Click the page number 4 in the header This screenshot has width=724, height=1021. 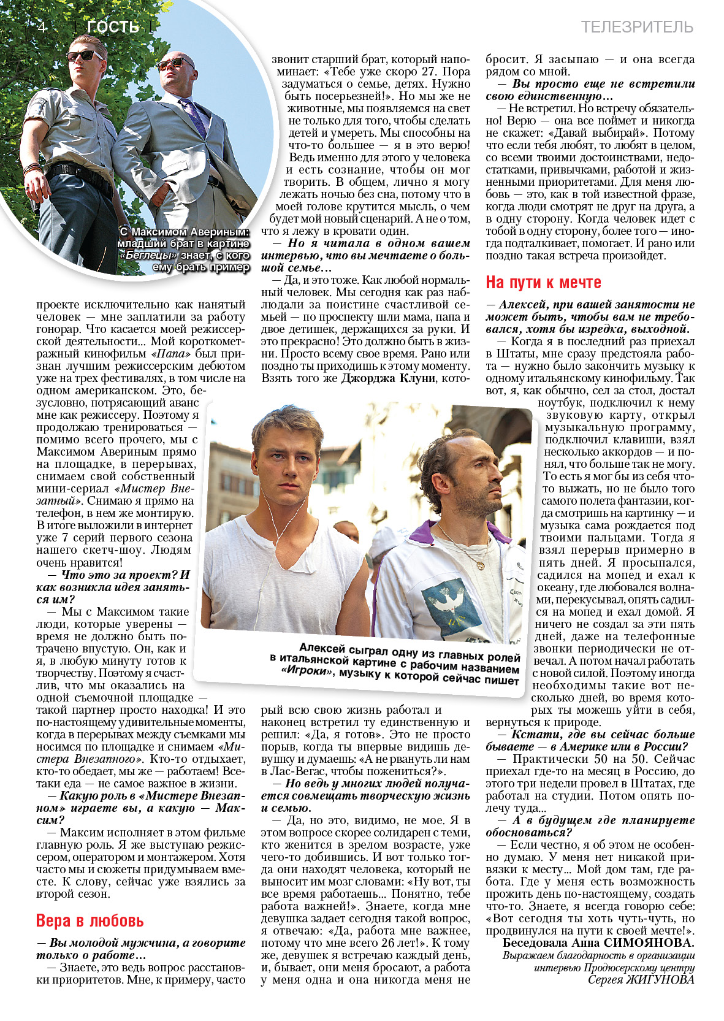coord(42,27)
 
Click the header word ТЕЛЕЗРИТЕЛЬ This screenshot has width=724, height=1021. coord(637,27)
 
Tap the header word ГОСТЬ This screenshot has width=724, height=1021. coord(113,27)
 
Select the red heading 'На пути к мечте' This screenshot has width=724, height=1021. coord(543,282)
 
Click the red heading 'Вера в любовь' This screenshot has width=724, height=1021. coord(90,920)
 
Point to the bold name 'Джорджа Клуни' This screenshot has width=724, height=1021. coord(387,378)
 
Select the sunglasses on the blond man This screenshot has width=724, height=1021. coord(85,56)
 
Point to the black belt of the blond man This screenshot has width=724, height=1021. coord(72,169)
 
